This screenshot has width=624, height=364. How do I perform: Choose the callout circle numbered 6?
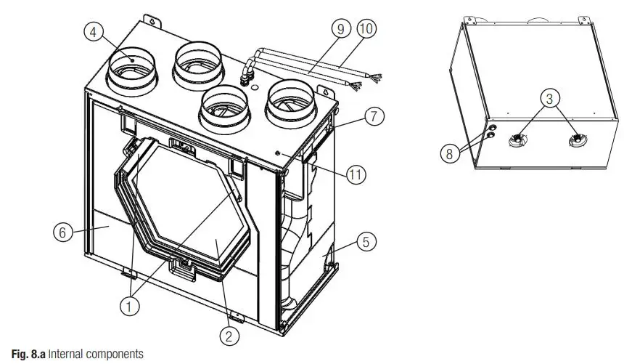point(63,232)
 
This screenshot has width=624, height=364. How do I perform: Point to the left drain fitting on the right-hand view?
point(520,139)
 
